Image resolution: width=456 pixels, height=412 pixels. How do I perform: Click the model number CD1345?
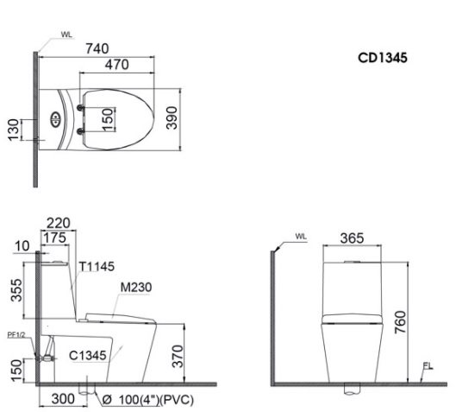point(383,60)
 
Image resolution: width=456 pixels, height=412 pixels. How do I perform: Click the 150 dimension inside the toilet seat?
point(108,118)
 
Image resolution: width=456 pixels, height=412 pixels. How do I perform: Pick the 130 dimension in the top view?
point(14,131)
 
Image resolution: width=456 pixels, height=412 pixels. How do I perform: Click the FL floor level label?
point(426,366)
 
